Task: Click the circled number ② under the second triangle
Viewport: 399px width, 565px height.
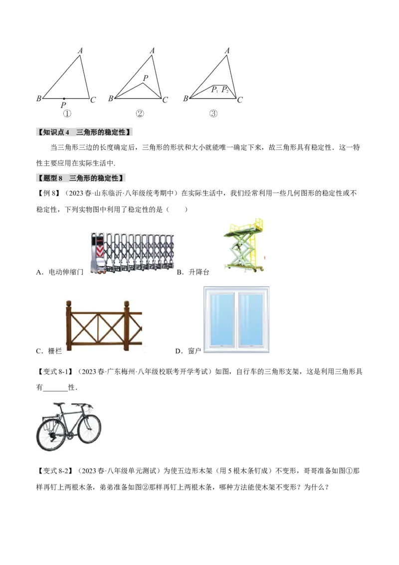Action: pyautogui.click(x=140, y=114)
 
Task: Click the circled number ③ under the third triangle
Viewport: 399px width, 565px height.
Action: pyautogui.click(x=213, y=114)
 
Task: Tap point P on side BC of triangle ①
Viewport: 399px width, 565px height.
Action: pyautogui.click(x=64, y=99)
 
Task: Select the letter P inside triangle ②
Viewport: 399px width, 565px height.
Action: pyautogui.click(x=146, y=78)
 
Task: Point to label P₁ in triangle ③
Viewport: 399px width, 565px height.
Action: pyautogui.click(x=214, y=90)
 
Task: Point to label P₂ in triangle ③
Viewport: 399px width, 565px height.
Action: pyautogui.click(x=225, y=90)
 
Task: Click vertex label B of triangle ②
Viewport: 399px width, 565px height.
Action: pyautogui.click(x=111, y=99)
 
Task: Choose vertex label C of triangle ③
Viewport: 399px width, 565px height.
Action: pyautogui.click(x=240, y=100)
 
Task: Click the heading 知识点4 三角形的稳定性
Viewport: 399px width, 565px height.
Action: pyautogui.click(x=85, y=132)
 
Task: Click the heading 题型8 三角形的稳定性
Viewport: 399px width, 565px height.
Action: pyautogui.click(x=81, y=178)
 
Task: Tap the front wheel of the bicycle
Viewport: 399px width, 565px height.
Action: pyautogui.click(x=89, y=434)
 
